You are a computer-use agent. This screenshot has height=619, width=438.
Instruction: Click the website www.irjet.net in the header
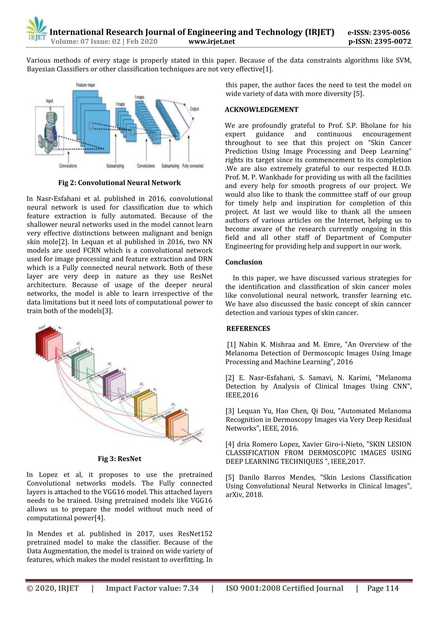pyautogui.click(x=212, y=41)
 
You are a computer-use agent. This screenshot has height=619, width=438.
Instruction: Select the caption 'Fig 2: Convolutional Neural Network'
pyautogui.click(x=120, y=183)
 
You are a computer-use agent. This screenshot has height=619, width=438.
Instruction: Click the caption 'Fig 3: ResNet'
pyautogui.click(x=120, y=459)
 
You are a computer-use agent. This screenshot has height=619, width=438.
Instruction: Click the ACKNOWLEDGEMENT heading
pyautogui.click(x=262, y=109)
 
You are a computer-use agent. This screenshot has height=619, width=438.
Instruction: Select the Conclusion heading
pyautogui.click(x=244, y=262)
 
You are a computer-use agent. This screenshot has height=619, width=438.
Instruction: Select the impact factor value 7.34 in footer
pyautogui.click(x=191, y=588)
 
